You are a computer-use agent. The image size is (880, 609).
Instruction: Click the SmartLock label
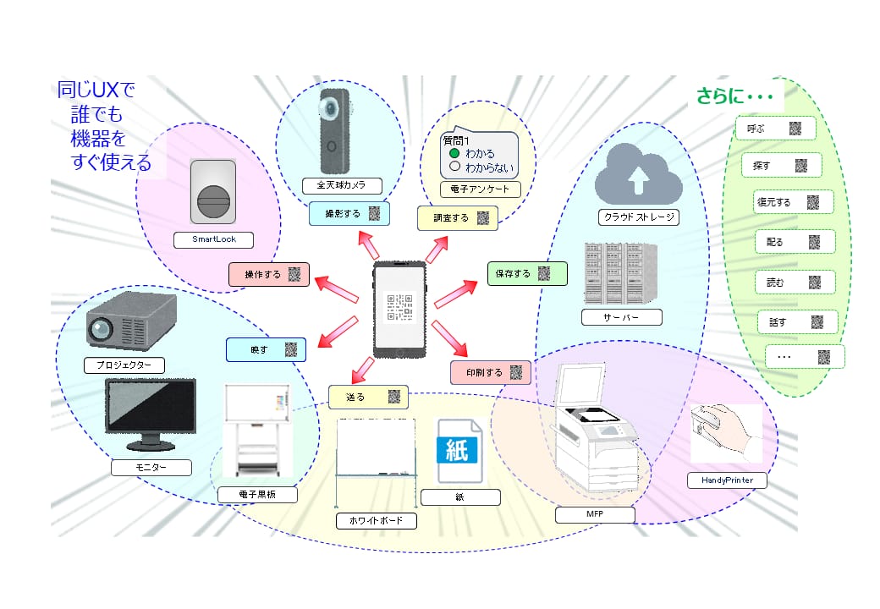click(214, 239)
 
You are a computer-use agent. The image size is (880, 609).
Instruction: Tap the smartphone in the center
click(399, 309)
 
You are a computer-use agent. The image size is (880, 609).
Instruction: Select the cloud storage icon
click(638, 174)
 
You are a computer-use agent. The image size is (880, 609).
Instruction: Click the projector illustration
click(131, 321)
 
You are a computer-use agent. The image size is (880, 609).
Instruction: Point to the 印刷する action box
click(491, 372)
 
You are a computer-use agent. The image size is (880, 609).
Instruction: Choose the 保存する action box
click(527, 274)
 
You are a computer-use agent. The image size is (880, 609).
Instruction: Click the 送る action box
click(367, 397)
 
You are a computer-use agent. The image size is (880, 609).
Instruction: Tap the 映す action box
click(266, 350)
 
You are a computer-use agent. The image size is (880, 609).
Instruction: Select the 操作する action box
click(269, 275)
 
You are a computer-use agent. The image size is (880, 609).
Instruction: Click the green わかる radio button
click(454, 153)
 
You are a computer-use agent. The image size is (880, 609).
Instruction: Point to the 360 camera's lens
click(330, 107)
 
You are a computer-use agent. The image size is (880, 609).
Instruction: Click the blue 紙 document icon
click(459, 451)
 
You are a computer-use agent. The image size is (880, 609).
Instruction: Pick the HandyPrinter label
click(727, 480)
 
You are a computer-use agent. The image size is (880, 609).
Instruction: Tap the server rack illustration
click(620, 273)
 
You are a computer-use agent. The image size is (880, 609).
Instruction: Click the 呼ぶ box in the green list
click(776, 129)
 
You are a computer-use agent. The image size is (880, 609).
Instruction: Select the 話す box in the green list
click(797, 322)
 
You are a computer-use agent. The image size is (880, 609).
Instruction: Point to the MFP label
click(595, 514)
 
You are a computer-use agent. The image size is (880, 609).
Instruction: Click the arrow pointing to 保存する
click(456, 294)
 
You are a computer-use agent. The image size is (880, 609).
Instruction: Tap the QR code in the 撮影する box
click(374, 214)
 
